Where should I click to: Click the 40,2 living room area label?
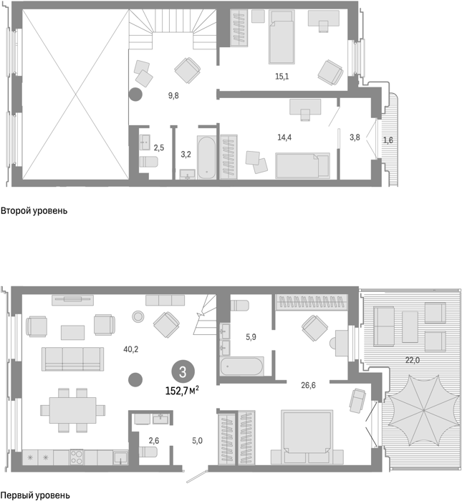coord(131,349)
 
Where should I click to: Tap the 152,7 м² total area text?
coord(182,391)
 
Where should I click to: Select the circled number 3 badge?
coord(183,372)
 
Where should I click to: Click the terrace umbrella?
coord(423,410)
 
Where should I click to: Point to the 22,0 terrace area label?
coord(413,360)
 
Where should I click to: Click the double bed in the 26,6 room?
coord(307,432)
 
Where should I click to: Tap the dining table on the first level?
coord(73,410)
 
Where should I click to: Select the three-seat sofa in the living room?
coord(73,359)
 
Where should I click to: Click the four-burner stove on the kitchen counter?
coord(77,457)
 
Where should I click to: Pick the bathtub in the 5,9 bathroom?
coord(241,366)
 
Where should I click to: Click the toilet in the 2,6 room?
coord(148,452)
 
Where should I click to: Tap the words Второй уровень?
coord(34,211)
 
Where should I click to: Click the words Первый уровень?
coord(35,495)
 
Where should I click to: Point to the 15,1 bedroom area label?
coord(282,77)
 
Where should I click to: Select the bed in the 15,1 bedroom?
coord(281,37)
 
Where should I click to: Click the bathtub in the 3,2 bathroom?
coord(206,157)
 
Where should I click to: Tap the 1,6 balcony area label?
coord(388,140)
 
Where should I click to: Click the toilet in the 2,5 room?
coord(149,161)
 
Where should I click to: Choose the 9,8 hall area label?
coord(173,95)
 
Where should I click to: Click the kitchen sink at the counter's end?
coord(120,457)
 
